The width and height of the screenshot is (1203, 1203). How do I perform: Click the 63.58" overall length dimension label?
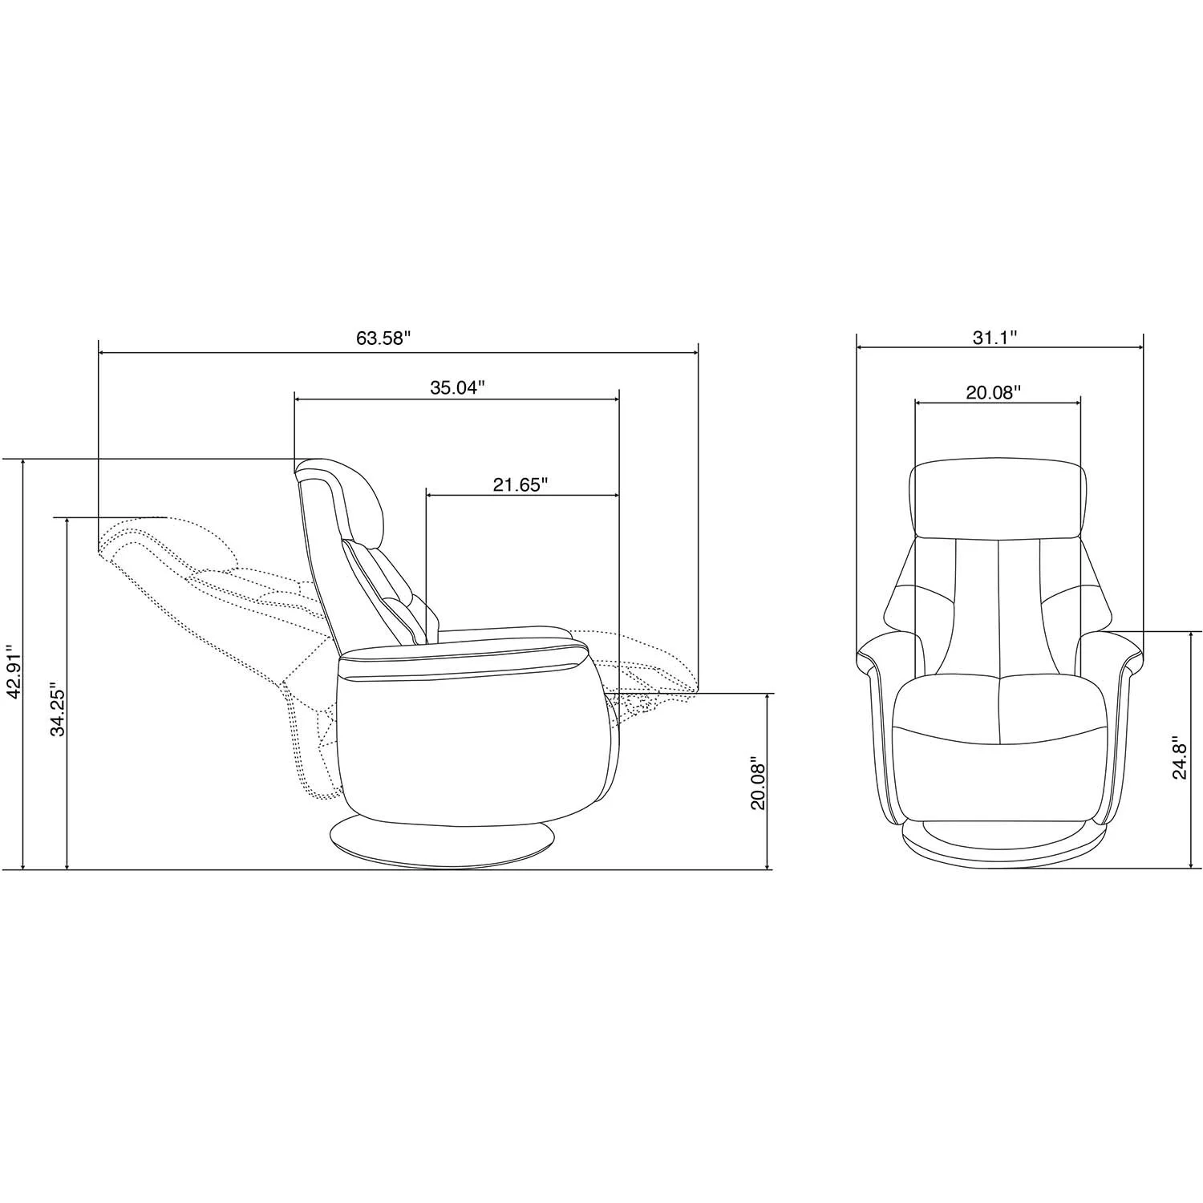[x=383, y=338]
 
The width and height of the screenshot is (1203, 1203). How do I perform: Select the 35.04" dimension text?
[x=458, y=388]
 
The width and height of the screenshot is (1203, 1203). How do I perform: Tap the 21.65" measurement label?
[x=520, y=484]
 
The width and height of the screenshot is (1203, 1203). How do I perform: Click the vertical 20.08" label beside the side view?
[x=758, y=783]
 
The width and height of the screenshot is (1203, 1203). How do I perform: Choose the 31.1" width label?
[x=995, y=338]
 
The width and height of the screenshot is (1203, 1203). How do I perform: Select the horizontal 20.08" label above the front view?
[x=994, y=392]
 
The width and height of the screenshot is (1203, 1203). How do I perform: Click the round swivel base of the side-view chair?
[x=443, y=845]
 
